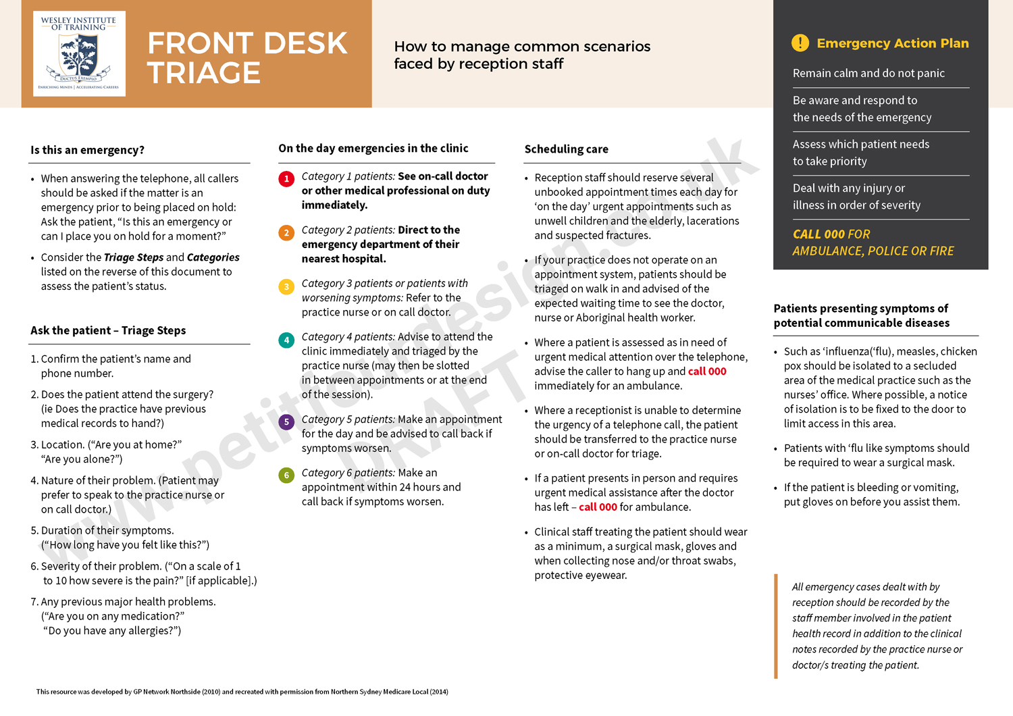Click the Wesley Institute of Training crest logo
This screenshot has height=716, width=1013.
click(79, 54)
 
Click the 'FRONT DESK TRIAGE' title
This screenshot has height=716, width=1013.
click(247, 58)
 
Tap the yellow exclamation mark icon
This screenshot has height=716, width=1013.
click(800, 43)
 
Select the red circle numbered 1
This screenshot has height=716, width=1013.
click(286, 179)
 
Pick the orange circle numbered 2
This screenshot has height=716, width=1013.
click(286, 233)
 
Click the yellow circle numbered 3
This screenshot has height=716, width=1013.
click(286, 287)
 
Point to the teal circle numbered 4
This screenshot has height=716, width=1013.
click(286, 340)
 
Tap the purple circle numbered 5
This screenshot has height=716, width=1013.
click(286, 422)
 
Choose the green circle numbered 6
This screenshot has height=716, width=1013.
click(286, 476)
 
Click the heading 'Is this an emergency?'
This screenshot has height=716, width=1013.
click(87, 150)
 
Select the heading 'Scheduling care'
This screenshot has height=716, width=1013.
click(566, 149)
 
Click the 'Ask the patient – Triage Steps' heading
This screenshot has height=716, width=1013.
click(108, 330)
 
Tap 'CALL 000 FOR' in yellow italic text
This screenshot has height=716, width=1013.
click(831, 234)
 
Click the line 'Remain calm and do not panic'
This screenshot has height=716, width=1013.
click(868, 73)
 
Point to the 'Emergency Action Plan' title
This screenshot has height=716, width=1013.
click(892, 43)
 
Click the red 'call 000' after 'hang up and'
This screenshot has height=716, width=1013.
click(707, 372)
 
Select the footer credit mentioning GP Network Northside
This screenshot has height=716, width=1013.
click(242, 692)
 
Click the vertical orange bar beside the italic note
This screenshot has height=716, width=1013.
click(776, 626)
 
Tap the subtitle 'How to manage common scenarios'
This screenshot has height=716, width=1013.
click(522, 47)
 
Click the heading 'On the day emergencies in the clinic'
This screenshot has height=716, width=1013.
click(373, 149)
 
